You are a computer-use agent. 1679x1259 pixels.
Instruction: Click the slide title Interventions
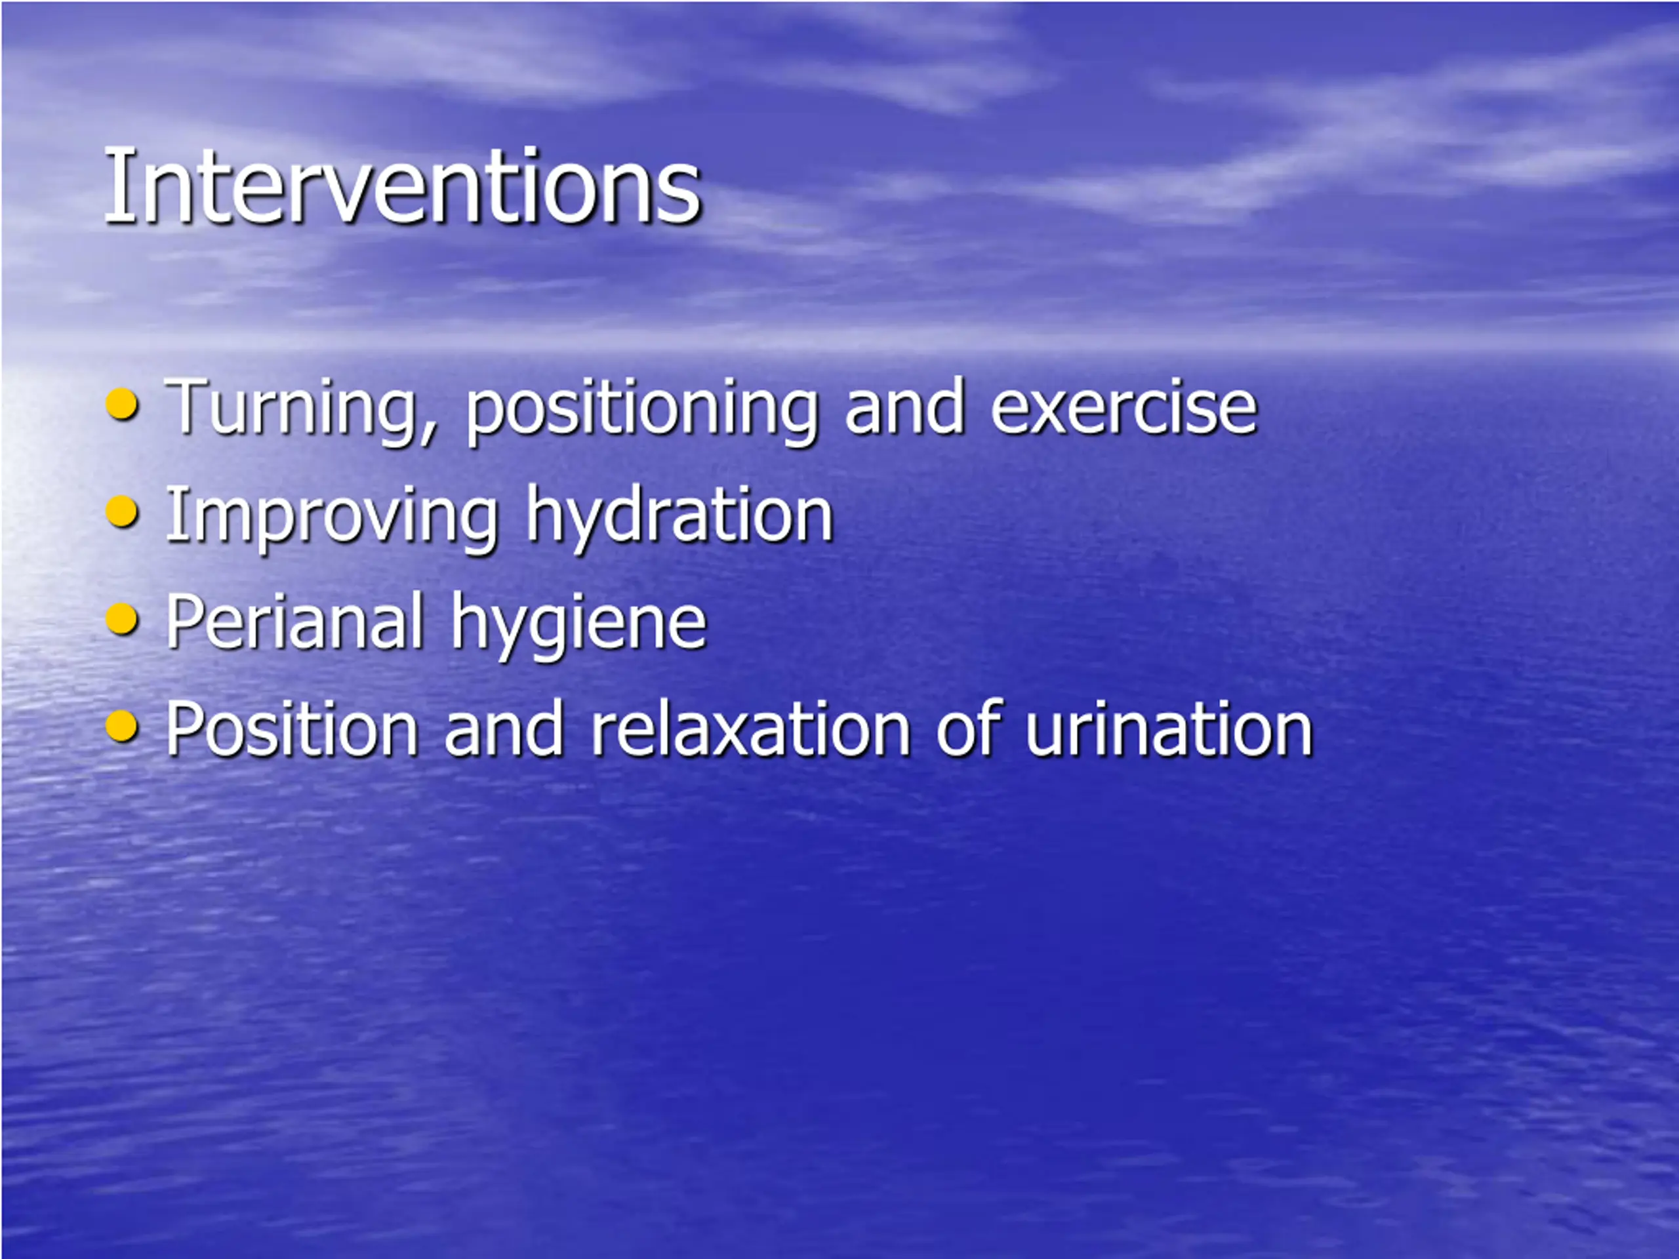402,186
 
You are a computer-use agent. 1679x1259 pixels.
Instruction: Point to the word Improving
332,518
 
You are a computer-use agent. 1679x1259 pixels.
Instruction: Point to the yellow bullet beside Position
122,727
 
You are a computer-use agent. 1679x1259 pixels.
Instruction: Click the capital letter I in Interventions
113,186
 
